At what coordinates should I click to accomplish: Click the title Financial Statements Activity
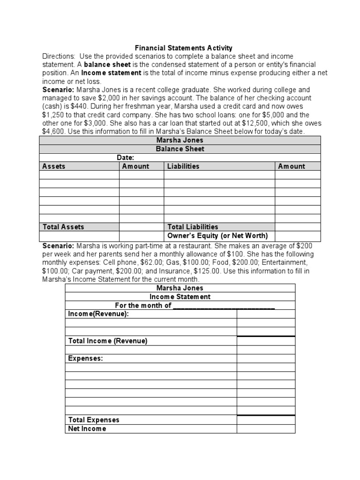183,48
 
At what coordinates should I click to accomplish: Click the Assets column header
54,166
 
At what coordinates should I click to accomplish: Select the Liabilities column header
183,166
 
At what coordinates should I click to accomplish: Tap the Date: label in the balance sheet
126,158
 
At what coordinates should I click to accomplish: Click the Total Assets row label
63,227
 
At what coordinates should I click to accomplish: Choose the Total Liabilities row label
193,227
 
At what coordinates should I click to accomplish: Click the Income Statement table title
180,297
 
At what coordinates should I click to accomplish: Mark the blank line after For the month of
224,306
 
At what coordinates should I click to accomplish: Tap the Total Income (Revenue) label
108,341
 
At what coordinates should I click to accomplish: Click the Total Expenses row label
94,420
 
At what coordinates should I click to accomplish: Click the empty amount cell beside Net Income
266,428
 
